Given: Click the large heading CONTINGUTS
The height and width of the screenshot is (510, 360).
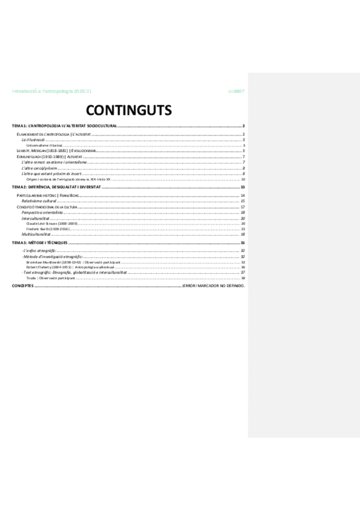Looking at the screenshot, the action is click(x=129, y=109).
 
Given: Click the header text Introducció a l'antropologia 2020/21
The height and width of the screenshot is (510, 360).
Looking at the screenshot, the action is click(x=52, y=91).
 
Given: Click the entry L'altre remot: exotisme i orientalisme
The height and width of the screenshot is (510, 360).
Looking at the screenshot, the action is click(x=54, y=162).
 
